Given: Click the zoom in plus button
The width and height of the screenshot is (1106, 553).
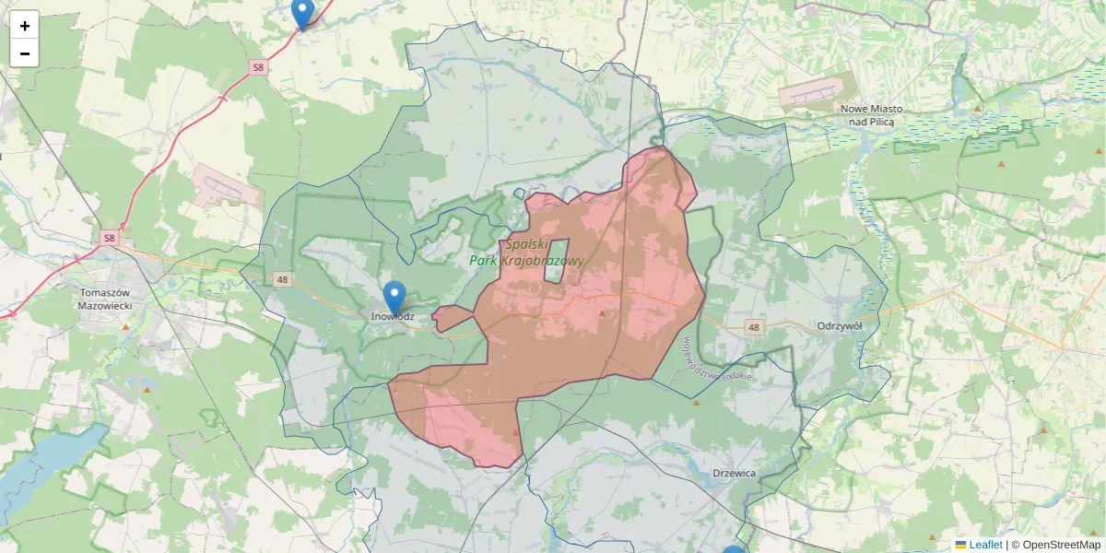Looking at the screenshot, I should point(25,26).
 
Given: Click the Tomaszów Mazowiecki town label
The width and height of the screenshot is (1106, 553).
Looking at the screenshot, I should point(106,299).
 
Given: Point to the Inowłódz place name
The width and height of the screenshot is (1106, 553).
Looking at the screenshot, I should point(393,317).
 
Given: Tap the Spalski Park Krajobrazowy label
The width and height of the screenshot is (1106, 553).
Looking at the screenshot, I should point(527,253).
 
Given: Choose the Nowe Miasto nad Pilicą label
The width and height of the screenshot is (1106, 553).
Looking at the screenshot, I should point(871,114).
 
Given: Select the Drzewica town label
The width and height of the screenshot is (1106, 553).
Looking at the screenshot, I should point(735,474).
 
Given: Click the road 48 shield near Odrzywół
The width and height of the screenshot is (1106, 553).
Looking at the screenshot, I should point(755,327).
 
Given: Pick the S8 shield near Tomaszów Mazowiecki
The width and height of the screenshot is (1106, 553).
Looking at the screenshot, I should point(109,238).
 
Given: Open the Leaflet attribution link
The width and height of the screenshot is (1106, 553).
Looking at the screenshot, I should point(985,545).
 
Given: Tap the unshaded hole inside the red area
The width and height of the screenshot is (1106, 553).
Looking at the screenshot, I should point(555,261).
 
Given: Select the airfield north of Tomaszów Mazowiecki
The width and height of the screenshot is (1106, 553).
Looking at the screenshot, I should point(226,186).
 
